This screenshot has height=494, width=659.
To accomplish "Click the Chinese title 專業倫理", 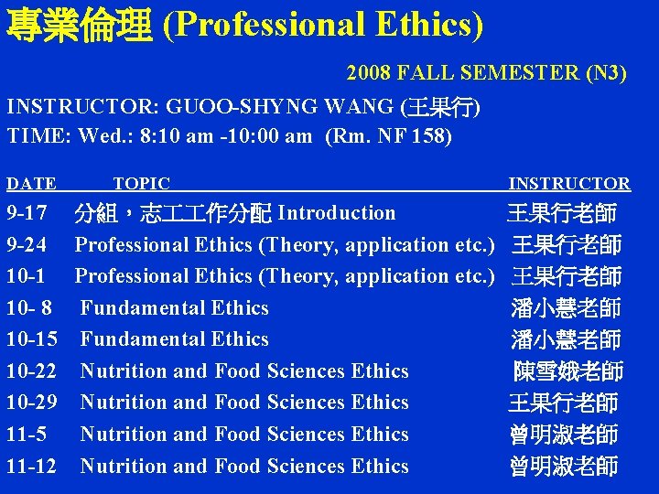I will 79,26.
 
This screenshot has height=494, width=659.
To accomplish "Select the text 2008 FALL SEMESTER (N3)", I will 486,73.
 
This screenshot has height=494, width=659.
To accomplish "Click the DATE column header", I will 31,184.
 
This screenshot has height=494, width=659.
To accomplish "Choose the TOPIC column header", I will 141,184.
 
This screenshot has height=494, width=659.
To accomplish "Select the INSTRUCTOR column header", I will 569,184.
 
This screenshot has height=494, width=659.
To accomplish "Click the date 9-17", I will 27,213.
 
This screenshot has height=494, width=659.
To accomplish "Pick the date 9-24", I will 27,245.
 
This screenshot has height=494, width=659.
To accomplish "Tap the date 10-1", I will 27,276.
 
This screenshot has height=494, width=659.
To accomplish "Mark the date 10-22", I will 31,371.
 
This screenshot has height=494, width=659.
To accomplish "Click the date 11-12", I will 31,467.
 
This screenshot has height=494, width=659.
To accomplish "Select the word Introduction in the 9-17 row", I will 336,213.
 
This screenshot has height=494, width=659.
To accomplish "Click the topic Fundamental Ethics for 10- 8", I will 174,308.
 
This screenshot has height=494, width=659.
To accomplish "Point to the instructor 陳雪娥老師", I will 567,371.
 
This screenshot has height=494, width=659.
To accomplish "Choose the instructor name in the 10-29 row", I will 564,403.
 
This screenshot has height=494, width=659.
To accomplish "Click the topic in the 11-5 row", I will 244,435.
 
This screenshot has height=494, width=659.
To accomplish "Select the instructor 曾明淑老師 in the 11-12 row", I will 564,467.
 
